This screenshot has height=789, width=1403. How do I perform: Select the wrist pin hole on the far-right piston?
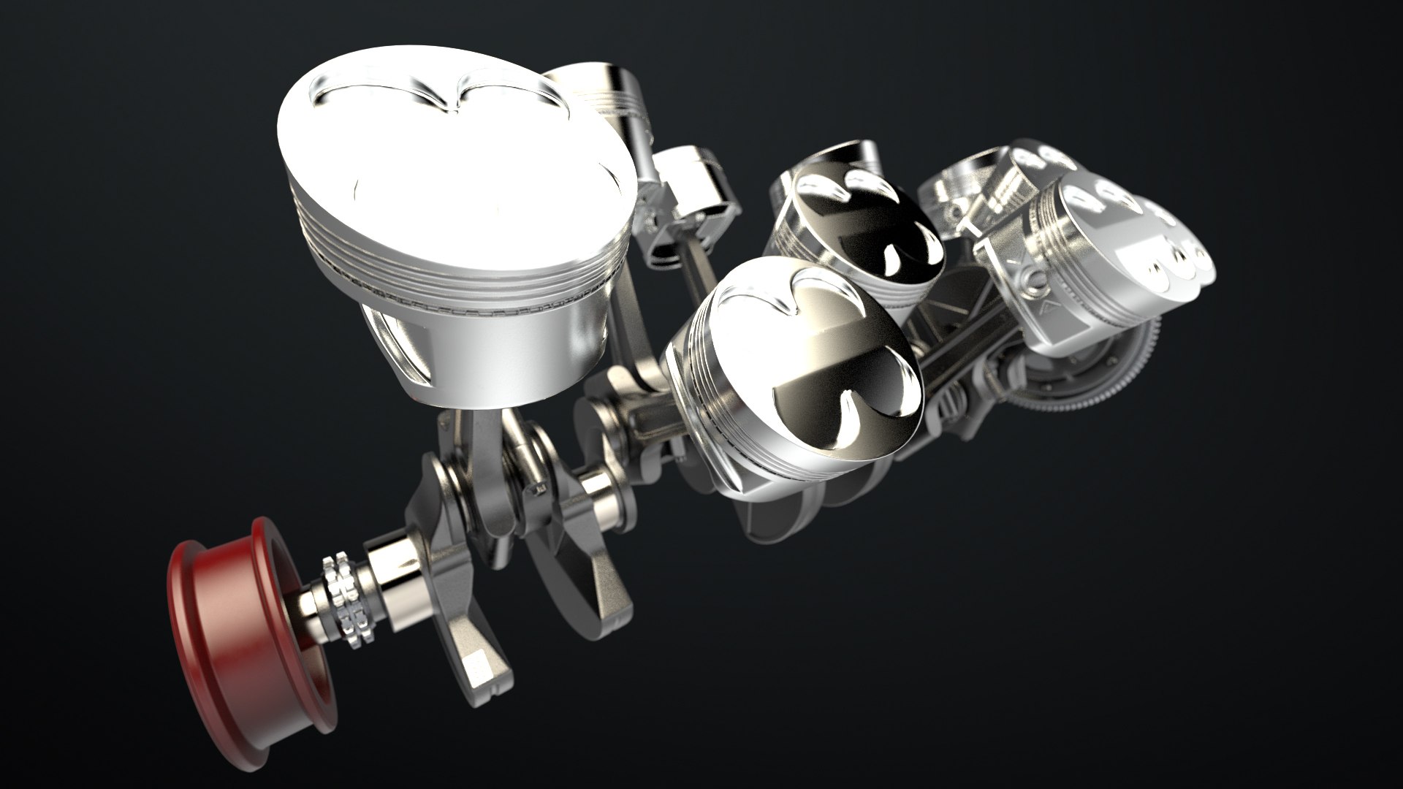1034,278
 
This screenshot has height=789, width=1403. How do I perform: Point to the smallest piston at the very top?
599,95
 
